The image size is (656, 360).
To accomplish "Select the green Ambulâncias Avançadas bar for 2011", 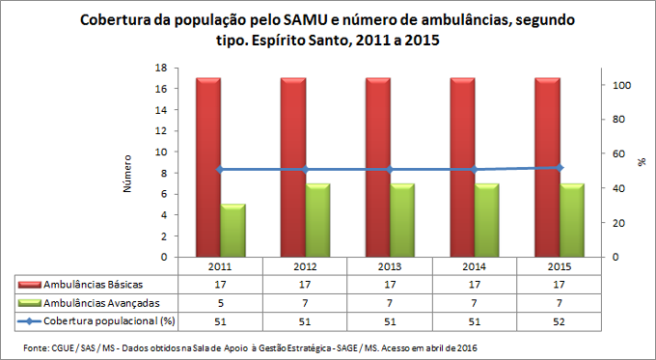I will point(232,231).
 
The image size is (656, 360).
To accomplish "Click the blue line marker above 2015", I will point(559,168).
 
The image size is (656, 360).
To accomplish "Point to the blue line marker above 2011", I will point(220,170).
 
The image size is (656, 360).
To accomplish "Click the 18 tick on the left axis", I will point(160,68).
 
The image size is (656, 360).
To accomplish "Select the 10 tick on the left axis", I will point(160,152).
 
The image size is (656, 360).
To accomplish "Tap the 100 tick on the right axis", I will point(622,85).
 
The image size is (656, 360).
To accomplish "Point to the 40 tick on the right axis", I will point(619,188).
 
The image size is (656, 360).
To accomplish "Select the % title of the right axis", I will point(642,162).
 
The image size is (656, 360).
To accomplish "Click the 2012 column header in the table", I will point(304,265).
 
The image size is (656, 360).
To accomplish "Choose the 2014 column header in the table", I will point(474,265).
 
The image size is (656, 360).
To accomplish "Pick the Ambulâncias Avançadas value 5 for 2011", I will point(220,302).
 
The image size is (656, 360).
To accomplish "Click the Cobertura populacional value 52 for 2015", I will point(559,319).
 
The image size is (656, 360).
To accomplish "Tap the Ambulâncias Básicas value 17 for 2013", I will point(389,284).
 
